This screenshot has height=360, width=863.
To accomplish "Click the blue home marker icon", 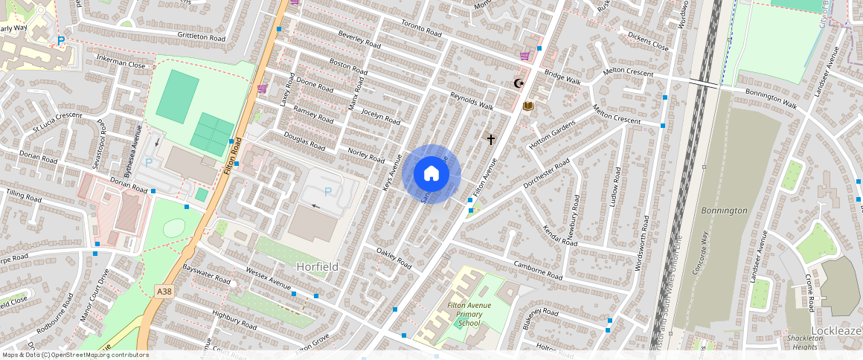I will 431,174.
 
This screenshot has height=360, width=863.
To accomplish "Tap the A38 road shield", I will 164,292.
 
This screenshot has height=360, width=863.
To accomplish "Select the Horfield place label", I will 317,266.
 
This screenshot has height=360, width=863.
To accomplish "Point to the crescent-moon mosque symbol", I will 519,83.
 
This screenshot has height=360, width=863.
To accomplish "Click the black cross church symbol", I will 490,138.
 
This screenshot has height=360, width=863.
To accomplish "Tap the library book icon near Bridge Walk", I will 528,106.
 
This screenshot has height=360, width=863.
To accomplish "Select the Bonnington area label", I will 724,210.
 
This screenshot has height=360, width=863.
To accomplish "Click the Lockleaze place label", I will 837,330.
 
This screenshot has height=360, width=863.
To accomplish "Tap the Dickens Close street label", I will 648,40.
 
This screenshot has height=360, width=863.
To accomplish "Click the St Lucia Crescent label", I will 51,115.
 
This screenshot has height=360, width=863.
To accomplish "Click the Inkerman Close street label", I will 120,65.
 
